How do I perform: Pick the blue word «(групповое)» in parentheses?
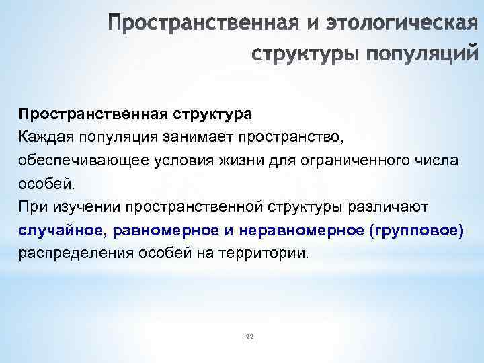[x=417, y=231]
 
